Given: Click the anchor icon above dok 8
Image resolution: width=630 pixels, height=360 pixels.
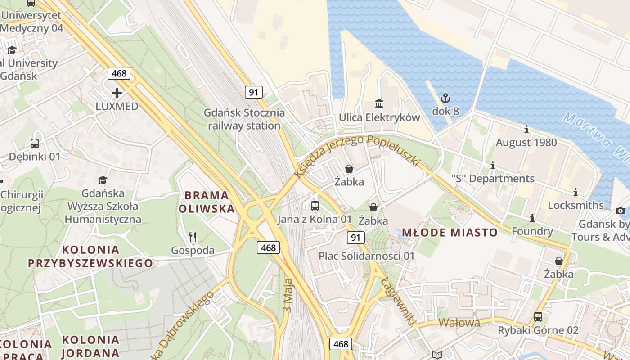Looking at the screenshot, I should point(445,98).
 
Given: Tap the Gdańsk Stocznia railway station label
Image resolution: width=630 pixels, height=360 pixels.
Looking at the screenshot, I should point(244,119).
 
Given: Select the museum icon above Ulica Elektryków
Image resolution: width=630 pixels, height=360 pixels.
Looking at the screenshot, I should point(379,104).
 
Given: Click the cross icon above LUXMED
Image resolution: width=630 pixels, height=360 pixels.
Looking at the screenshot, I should point(117,93).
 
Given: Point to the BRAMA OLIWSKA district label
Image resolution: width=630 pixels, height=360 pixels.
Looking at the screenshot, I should point(207,202).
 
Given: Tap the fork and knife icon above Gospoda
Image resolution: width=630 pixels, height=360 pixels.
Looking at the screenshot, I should point(193,237).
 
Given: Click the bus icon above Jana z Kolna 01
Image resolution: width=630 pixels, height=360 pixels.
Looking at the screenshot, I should point(315,206).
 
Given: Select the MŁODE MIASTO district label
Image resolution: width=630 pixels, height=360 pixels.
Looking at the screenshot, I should point(450,233).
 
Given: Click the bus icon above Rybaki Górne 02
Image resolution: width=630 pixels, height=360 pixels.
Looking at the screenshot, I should point(538,317).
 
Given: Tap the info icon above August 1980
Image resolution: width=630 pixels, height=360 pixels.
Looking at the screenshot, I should point(526,130).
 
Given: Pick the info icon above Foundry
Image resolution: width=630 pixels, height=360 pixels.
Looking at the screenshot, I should point(532,218).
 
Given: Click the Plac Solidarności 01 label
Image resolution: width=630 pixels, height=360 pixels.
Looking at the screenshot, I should point(366,256).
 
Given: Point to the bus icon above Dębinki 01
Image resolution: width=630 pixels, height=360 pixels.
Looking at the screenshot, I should point(35,144).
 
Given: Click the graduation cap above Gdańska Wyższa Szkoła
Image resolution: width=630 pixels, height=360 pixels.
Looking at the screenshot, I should point(103,180).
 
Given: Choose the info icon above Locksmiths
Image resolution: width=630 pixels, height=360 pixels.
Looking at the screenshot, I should point(575,193).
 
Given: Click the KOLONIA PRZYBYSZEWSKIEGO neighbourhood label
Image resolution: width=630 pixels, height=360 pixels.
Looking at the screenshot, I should point(90,256).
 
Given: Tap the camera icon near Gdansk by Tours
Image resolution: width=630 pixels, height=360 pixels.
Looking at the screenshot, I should point(620,211).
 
